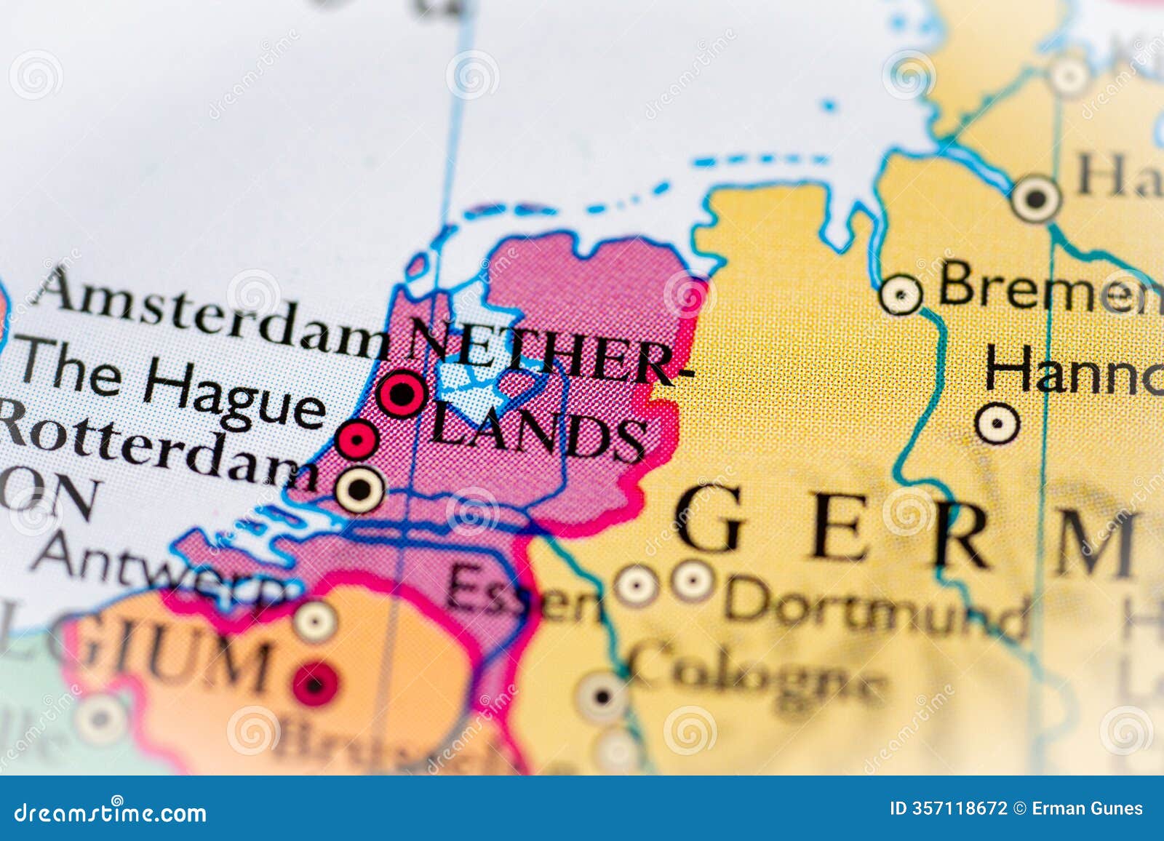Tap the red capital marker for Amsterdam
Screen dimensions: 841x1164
point(401,394)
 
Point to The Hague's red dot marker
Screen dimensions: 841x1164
point(357,439)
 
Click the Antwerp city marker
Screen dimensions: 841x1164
point(314,621)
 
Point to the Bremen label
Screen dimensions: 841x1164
point(1048,287)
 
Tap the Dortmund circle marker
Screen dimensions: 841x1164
point(692,581)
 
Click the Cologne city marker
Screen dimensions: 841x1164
point(603,696)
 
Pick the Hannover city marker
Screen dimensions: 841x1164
point(997,423)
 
